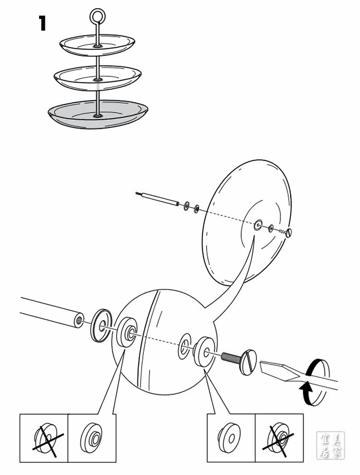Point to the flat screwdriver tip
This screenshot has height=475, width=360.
coord(273,370)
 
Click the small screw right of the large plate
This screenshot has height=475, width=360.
coord(288,232)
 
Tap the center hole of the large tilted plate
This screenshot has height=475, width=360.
coord(258,224)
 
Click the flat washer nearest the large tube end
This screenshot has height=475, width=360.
coord(102,324)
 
